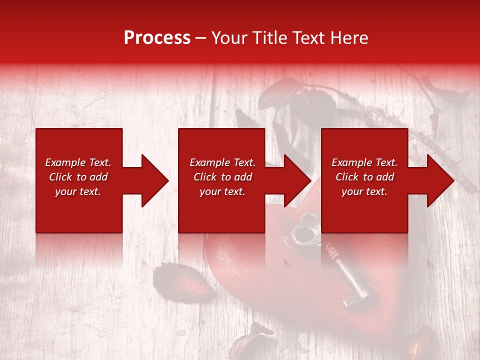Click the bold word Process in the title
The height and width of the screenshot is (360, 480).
click(x=157, y=38)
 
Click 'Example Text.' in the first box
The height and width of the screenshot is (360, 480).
click(x=78, y=162)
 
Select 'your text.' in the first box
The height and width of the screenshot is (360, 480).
click(x=78, y=191)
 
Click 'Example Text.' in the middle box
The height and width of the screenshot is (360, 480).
click(x=222, y=162)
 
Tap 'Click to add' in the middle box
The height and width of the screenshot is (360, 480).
click(x=222, y=177)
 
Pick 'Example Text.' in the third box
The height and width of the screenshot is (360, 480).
click(x=364, y=162)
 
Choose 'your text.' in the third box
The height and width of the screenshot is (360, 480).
click(x=364, y=191)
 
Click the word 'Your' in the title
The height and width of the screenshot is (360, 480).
click(x=228, y=38)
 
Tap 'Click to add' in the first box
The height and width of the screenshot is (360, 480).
click(x=78, y=177)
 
